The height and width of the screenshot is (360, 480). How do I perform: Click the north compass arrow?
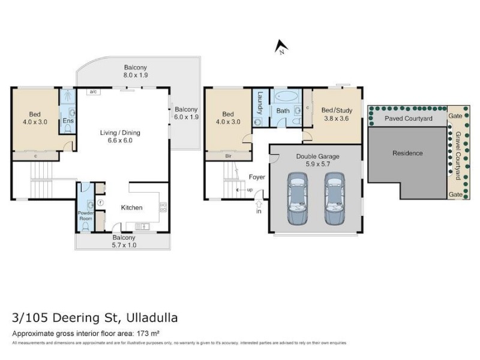[280, 46]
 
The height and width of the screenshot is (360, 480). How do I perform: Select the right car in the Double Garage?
[335, 199]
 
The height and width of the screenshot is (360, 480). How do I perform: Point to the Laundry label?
[260, 101]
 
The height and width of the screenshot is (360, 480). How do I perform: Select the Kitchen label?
[131, 208]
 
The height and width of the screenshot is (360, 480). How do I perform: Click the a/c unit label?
[94, 92]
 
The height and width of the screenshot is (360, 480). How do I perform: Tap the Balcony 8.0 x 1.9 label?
[136, 71]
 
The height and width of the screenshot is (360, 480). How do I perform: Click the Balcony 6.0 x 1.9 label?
[186, 113]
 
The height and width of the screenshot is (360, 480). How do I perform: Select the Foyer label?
[257, 177]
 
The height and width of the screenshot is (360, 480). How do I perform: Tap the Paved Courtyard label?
[408, 119]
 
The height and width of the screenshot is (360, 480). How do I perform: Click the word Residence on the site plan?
[407, 153]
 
